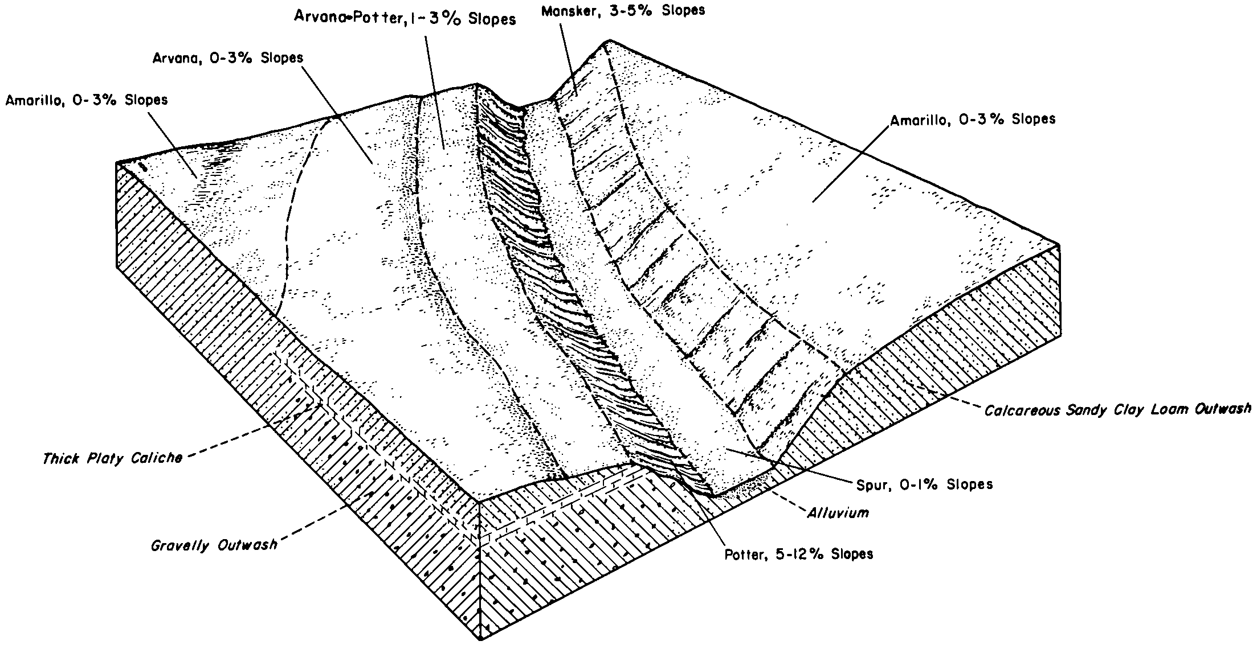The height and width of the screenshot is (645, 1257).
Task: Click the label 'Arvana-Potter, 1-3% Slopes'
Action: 405,18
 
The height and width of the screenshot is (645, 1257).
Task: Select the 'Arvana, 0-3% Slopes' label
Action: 227,59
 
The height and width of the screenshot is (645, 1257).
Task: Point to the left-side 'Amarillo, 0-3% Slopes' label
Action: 87,100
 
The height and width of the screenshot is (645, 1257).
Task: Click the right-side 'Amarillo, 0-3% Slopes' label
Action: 973,120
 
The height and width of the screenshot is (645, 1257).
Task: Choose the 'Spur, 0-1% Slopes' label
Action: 924,484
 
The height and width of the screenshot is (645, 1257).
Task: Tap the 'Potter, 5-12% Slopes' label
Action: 798,553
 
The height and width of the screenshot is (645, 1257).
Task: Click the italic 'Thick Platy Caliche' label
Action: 112,458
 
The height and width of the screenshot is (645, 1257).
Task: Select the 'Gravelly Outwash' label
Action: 214,545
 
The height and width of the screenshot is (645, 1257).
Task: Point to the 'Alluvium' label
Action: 838,513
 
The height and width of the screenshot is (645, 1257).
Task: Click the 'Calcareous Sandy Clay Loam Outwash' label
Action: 1117,409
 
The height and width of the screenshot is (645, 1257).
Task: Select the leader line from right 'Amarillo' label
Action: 850,163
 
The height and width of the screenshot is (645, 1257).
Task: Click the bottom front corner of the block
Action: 481,639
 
